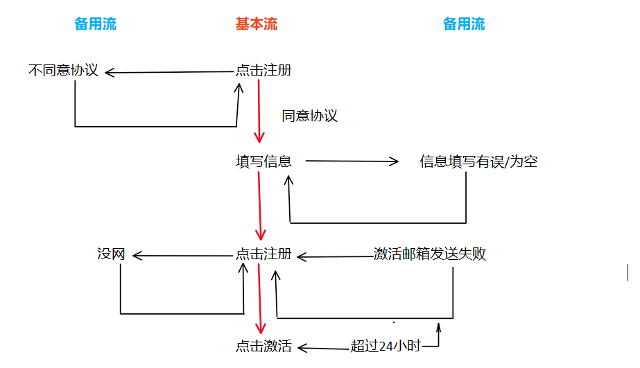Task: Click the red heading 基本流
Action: click(256, 24)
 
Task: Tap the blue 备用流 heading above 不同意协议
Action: click(96, 24)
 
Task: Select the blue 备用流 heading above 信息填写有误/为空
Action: click(464, 24)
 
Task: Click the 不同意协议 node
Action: click(63, 70)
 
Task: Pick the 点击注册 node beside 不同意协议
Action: click(263, 70)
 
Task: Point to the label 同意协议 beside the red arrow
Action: click(309, 116)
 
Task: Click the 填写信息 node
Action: click(263, 161)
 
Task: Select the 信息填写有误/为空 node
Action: click(478, 161)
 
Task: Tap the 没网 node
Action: click(111, 254)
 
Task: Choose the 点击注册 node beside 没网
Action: click(263, 254)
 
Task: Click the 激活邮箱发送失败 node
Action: click(430, 254)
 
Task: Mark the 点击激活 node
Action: click(263, 347)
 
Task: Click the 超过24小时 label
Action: click(386, 347)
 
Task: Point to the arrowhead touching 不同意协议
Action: click(110, 71)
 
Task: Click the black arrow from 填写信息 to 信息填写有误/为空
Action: click(352, 161)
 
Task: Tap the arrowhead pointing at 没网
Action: click(137, 256)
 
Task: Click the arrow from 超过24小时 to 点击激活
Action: click(324, 347)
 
